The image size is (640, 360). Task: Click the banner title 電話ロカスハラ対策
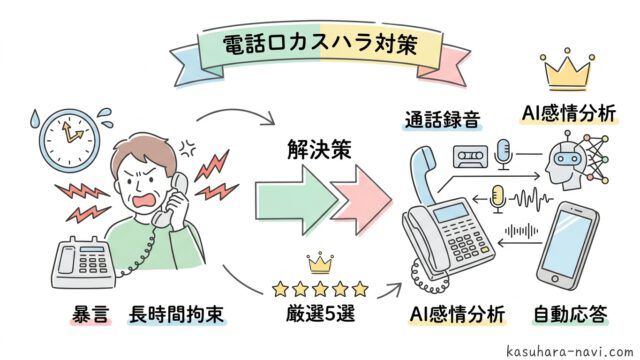320,44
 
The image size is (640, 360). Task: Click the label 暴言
90,315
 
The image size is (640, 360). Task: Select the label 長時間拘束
176,315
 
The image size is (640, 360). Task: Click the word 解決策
319,149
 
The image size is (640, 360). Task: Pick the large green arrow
297,200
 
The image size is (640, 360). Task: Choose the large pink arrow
362,200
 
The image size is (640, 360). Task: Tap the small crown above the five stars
320,263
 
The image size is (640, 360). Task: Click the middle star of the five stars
320,289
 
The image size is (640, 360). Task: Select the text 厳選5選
320,314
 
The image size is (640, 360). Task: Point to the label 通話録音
442,120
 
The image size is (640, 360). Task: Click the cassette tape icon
471,157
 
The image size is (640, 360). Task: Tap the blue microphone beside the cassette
503,154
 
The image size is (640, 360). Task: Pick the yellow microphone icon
498,199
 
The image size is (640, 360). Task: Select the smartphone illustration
568,246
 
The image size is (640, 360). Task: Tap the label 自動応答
571,314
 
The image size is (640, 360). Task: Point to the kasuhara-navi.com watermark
569,351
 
